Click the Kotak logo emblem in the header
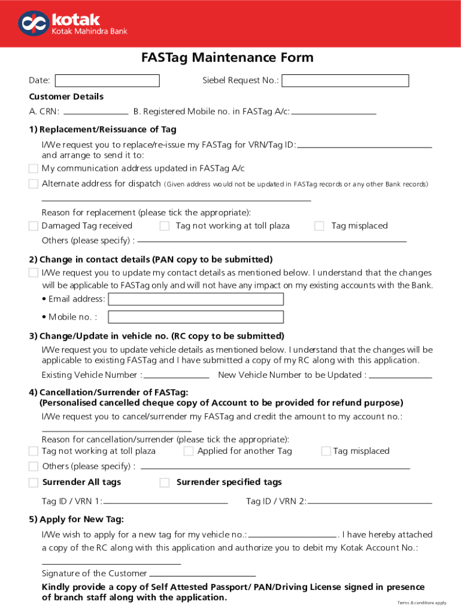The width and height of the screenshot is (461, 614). (32, 23)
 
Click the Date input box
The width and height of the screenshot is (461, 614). (107, 81)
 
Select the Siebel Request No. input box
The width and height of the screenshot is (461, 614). (345, 81)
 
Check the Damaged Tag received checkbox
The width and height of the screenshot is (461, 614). (34, 226)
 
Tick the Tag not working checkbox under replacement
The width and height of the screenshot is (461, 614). (165, 226)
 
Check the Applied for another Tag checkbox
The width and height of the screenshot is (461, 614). (189, 451)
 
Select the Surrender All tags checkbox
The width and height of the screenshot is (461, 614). (34, 483)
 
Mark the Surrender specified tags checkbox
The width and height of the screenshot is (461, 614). (165, 483)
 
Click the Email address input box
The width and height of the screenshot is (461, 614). (196, 299)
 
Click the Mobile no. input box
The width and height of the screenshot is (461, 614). (196, 317)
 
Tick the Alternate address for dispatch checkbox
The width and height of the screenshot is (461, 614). (34, 184)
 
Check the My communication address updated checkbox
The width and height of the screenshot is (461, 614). (34, 168)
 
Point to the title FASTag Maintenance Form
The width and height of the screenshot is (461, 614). (228, 58)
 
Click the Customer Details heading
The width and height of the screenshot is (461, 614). (66, 97)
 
